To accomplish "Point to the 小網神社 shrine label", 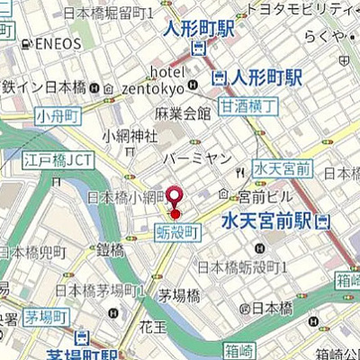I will pos(129,136).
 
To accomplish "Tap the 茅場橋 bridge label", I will pos(177,295).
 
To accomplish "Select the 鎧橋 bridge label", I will pos(110,249).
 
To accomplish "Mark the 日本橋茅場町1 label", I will pos(100,290).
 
